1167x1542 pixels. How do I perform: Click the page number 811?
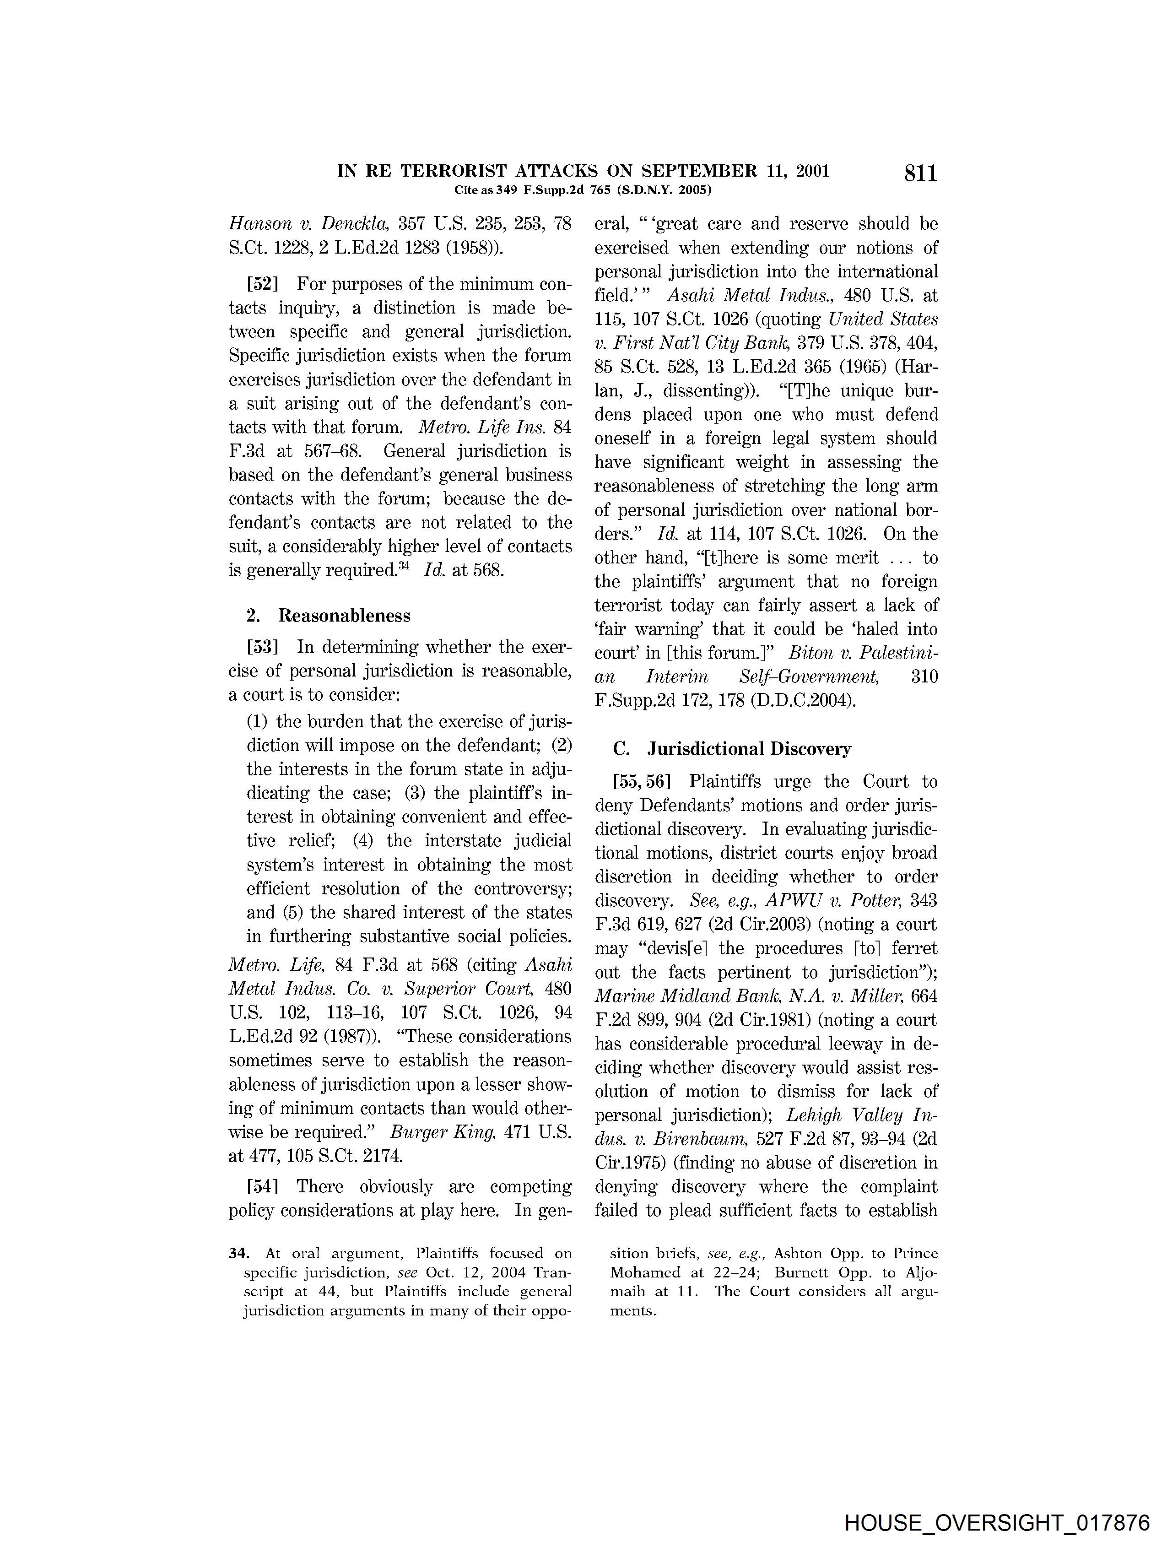tap(920, 173)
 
